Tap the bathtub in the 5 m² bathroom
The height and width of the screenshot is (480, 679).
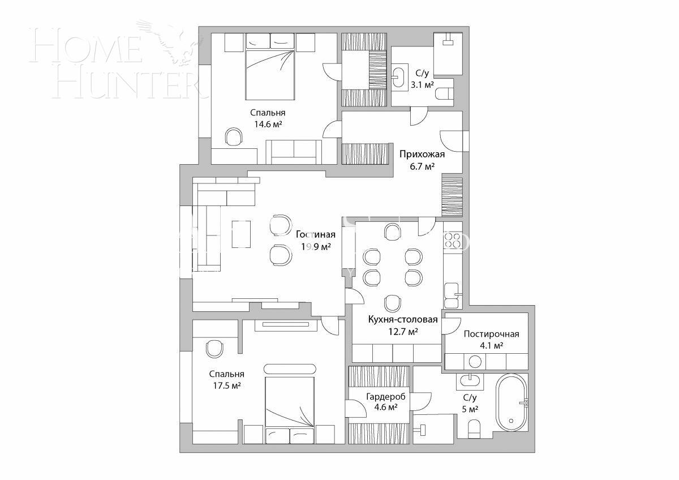point(512,404)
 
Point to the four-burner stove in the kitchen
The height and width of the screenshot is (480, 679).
point(452,241)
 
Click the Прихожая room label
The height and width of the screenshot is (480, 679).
point(422,154)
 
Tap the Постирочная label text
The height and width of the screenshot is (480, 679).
point(491,334)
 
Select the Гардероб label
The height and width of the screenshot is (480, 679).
point(378,396)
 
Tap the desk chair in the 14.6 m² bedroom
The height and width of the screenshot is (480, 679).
point(234,137)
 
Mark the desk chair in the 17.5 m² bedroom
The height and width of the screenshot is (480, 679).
point(214,348)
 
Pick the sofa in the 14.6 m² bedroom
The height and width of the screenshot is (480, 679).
point(294,151)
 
